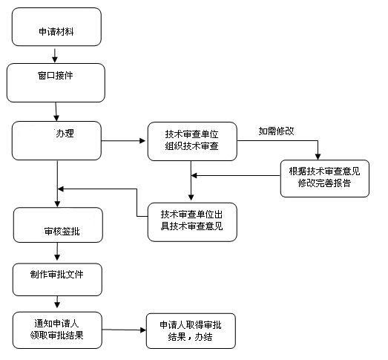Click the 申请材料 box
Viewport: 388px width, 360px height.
[56, 27]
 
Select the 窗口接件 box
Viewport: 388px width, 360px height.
[56, 82]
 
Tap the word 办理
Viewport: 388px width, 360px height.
[65, 134]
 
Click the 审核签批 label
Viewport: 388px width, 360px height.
[62, 232]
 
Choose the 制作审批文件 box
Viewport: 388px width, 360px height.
[57, 280]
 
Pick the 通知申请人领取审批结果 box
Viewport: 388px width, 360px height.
[57, 330]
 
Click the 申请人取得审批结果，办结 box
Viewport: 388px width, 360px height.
[191, 331]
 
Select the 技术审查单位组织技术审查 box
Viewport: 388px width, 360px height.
[192, 141]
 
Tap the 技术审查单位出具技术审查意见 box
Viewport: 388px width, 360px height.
[192, 222]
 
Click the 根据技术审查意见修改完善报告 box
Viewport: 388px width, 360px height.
[325, 178]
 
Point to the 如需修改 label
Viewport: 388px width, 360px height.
[277, 131]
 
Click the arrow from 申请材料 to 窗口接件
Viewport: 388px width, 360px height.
[55, 56]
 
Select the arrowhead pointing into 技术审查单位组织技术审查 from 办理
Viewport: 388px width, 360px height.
[142, 141]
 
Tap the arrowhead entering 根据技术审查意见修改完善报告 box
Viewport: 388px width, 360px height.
[318, 157]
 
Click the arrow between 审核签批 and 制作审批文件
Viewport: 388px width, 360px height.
[57, 252]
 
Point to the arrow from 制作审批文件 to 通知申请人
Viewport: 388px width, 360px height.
[57, 302]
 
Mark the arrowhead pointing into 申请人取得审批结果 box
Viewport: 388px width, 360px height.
[143, 330]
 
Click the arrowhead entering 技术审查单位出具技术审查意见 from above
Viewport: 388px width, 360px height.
[191, 197]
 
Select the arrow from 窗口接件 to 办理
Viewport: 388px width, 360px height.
[56, 111]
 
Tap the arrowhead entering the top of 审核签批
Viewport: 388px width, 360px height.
[57, 204]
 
